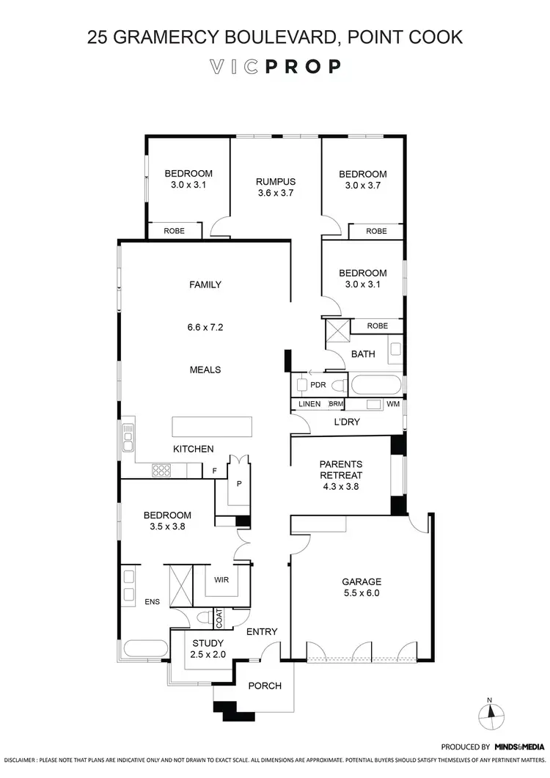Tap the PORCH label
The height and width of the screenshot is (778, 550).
coord(265,686)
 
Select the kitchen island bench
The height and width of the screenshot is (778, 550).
coord(212,425)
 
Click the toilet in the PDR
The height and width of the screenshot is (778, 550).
coord(337,384)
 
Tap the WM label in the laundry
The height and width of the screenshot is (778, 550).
coord(393,404)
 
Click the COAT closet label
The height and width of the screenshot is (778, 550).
coord(219,619)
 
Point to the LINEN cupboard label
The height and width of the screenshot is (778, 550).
coord(309,404)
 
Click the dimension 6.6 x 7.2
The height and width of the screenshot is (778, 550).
coord(205,327)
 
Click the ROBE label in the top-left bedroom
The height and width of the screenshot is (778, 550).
coord(174,230)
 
